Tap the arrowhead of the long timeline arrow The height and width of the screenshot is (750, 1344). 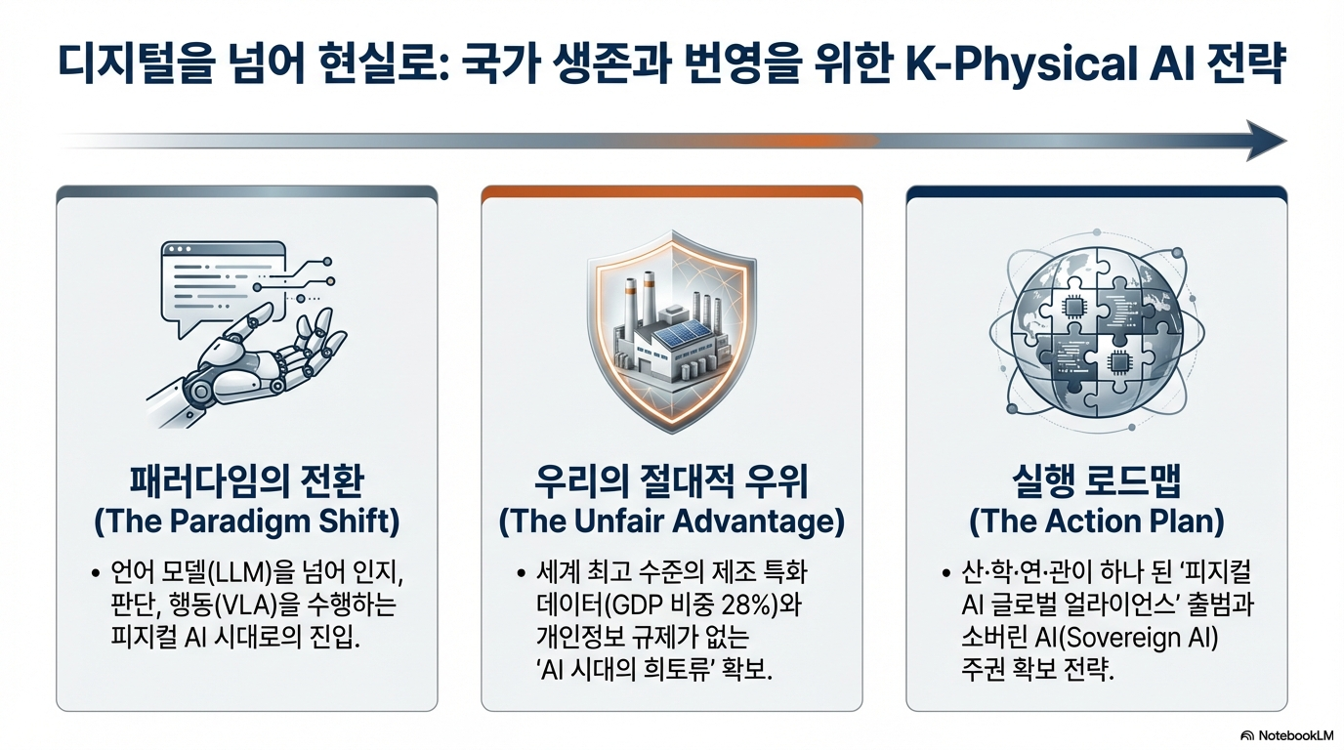point(1266,141)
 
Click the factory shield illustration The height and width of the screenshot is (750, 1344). point(671,331)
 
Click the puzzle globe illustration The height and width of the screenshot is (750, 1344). point(1096,332)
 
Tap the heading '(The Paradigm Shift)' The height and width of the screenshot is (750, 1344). point(246,521)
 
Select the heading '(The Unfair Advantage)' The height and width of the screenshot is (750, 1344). point(671,521)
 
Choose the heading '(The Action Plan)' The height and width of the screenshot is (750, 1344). point(1096,521)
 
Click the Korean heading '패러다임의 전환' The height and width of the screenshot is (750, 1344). point(246,481)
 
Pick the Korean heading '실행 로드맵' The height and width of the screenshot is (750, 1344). point(1096,481)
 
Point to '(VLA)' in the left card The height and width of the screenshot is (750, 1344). point(245,604)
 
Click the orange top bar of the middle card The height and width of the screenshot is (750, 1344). point(671,191)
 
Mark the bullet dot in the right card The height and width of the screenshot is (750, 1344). point(946,573)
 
